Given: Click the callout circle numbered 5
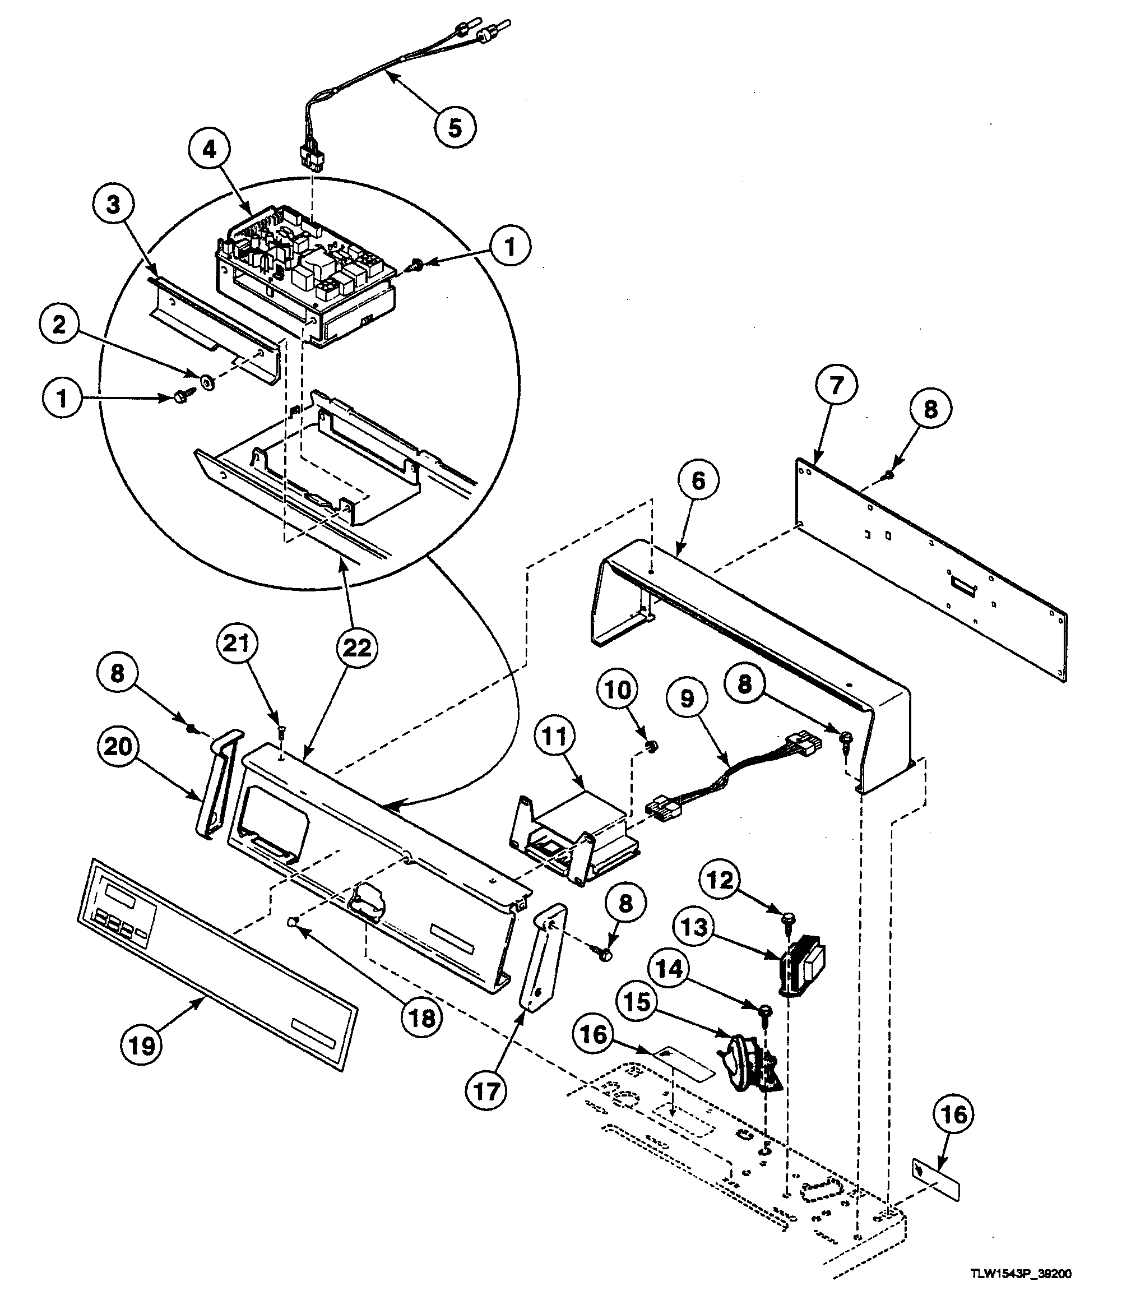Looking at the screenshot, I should point(455,128).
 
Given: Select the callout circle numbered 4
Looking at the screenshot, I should point(210,150).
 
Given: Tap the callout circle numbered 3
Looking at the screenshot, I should point(113,205).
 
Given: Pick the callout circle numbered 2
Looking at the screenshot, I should point(59,325).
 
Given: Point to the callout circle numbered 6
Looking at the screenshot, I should point(698,480).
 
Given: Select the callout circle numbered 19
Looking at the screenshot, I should point(141,1046).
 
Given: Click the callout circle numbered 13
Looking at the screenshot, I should point(694,927).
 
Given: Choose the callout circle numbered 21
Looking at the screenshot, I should point(236,642).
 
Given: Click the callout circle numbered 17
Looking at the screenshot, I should point(486,1090).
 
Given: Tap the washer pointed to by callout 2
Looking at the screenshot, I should point(207,382).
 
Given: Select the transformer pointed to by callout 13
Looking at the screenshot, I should point(801,965).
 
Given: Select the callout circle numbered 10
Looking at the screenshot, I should point(618,690).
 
